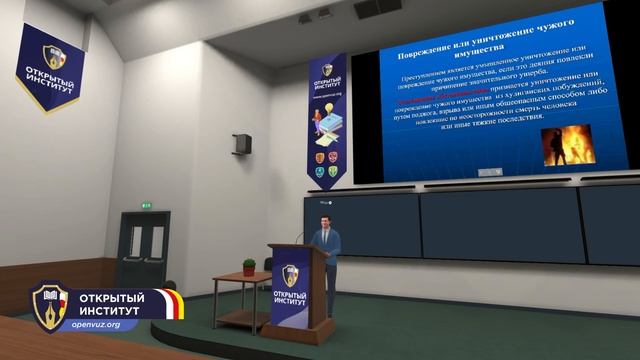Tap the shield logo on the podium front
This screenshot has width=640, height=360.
[x=290, y=276]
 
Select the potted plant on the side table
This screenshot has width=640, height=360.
[x=249, y=266]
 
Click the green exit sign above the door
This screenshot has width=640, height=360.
[x=146, y=205]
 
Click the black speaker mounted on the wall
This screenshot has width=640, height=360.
[x=242, y=144]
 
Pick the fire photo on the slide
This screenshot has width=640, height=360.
[x=567, y=144]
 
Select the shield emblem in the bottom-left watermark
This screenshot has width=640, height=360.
[x=49, y=308]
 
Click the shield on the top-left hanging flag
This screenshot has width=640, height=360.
[x=53, y=57]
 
